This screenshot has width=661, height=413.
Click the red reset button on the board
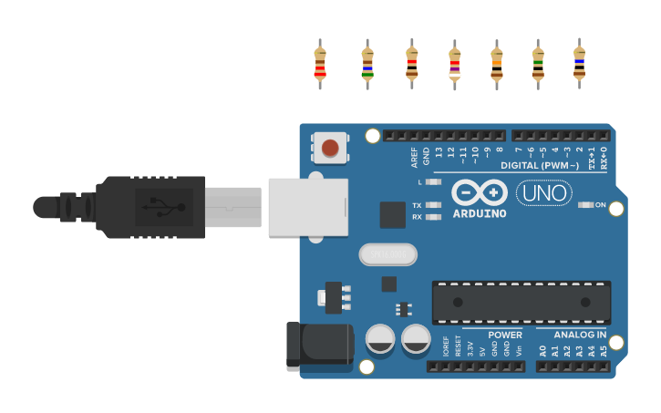(x=330, y=147)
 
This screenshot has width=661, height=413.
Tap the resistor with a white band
(x=454, y=64)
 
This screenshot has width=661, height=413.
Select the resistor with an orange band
(x=496, y=64)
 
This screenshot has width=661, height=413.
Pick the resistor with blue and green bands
(x=367, y=64)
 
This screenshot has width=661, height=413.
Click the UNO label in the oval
(x=543, y=192)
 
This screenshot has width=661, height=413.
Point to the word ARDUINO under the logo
(x=480, y=214)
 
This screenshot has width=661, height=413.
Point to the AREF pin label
(x=415, y=157)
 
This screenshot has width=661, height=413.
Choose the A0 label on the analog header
(x=542, y=350)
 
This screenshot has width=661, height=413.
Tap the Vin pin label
(x=519, y=350)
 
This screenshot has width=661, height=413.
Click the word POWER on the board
(x=504, y=335)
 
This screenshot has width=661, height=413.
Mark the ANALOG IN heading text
(x=579, y=335)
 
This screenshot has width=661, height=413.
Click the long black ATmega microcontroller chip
(x=522, y=303)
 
